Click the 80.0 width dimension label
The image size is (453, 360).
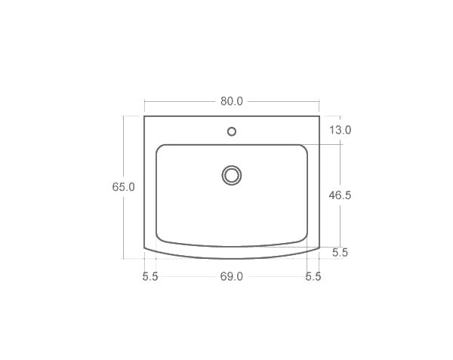tap(232, 101)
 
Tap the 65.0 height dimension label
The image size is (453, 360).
tap(123, 186)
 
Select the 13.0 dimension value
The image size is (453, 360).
tap(341, 130)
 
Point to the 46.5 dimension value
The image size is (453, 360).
tap(341, 195)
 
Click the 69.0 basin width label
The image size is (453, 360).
tap(232, 276)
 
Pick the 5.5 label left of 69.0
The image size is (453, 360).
tap(150, 276)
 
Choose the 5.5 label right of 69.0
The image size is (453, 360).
tap(313, 276)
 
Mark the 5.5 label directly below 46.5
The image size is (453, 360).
tap(340, 253)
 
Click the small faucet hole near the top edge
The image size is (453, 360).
tap(232, 131)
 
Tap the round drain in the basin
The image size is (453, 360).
tap(232, 175)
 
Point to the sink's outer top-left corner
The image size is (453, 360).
tap(144, 116)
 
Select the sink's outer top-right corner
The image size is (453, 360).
tap(319, 116)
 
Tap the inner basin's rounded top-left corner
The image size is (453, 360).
tap(160, 148)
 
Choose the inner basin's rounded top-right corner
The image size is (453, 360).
tap(304, 148)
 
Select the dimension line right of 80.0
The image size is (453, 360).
tap(283, 101)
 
